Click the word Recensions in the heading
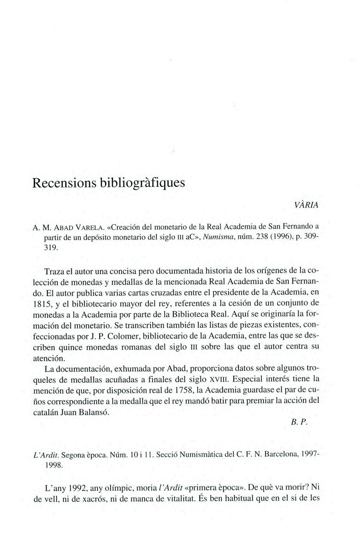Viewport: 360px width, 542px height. tap(63, 182)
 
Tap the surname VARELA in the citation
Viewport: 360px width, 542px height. tap(91, 226)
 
